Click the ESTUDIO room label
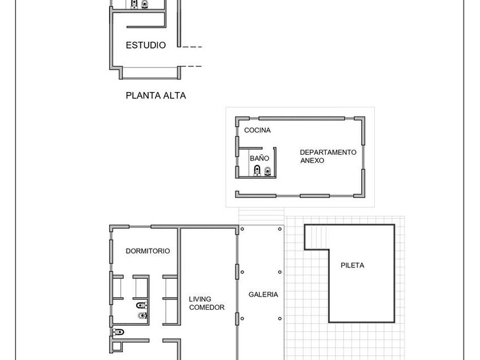pyautogui.click(x=146, y=45)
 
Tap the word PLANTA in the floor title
pyautogui.click(x=143, y=95)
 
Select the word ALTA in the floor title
pyautogui.click(x=174, y=95)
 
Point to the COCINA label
pyautogui.click(x=258, y=130)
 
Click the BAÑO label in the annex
pyautogui.click(x=259, y=158)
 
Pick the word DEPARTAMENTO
pyautogui.click(x=328, y=152)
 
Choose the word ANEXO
pyautogui.click(x=312, y=161)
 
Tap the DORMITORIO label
pyautogui.click(x=148, y=251)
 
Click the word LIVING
pyautogui.click(x=200, y=299)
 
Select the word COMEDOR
pyautogui.click(x=207, y=307)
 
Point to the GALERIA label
pyautogui.click(x=263, y=294)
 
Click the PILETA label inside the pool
pyautogui.click(x=353, y=265)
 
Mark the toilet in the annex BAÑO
pyautogui.click(x=257, y=170)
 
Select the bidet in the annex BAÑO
pyautogui.click(x=267, y=171)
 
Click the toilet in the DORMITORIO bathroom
pyautogui.click(x=142, y=305)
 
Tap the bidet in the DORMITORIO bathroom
pyautogui.click(x=142, y=315)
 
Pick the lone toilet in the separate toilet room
pyautogui.click(x=118, y=332)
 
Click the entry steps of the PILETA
pyautogui.click(x=317, y=238)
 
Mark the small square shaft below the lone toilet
pyautogui.click(x=117, y=346)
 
